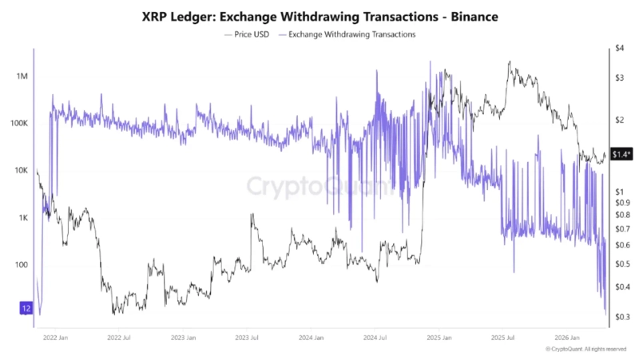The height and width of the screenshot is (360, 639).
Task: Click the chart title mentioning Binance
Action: (x=319, y=16)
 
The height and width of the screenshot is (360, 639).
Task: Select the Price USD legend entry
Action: (x=251, y=34)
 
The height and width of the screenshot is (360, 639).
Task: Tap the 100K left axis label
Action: (x=18, y=124)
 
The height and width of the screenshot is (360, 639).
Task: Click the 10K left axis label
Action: (x=19, y=171)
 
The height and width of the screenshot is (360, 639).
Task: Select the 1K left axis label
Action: (x=21, y=218)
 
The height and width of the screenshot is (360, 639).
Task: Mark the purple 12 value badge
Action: (x=26, y=308)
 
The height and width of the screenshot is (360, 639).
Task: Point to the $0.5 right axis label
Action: (x=622, y=263)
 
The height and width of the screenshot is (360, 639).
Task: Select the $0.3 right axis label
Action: (x=622, y=317)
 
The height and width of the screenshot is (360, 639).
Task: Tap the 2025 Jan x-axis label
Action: (x=440, y=338)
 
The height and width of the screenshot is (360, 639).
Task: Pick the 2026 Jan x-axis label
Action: (x=569, y=338)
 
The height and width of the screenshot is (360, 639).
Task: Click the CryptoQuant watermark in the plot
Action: (x=319, y=187)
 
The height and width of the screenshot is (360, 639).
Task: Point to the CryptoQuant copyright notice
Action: (x=585, y=349)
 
